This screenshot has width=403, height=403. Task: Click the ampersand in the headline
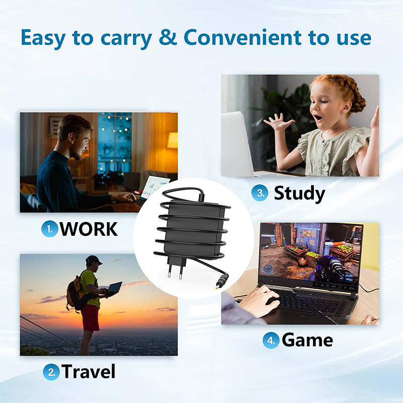[168, 38]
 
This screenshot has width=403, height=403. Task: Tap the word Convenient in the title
[242, 37]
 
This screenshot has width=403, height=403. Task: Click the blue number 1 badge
[49, 229]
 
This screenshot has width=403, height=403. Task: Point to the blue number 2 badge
[51, 372]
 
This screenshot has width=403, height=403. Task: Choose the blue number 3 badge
[259, 192]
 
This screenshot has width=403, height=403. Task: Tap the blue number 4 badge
[271, 341]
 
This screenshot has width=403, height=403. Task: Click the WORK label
[89, 229]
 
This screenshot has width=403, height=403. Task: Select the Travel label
[89, 371]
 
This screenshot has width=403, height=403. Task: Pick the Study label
[299, 193]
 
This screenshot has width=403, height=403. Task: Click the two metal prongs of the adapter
[175, 272]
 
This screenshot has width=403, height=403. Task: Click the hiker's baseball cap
[93, 260]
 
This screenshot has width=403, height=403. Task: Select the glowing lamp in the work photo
[173, 141]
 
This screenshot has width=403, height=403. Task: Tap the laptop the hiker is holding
[114, 289]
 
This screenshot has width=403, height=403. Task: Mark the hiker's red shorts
[90, 317]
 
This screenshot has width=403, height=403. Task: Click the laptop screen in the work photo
[155, 187]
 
